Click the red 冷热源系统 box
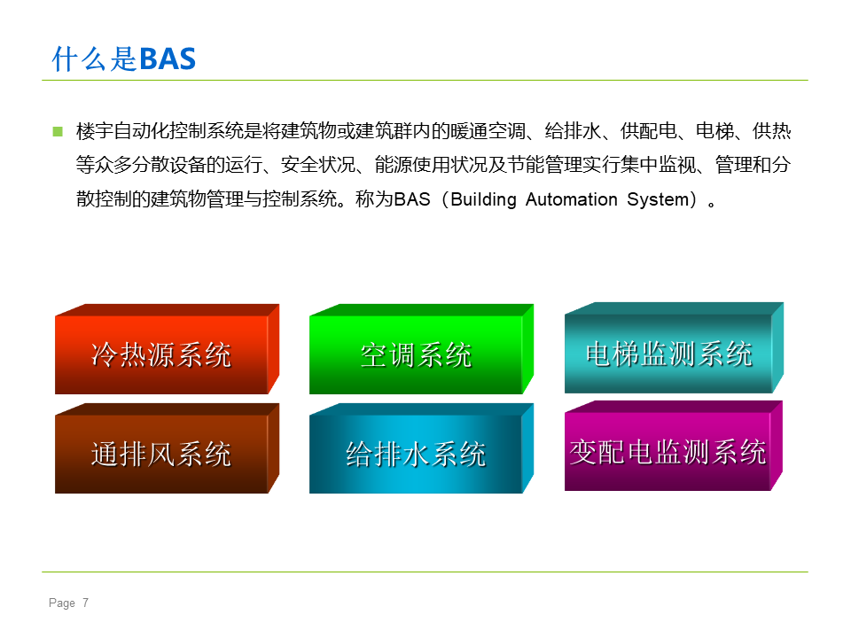168,349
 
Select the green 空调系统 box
421,349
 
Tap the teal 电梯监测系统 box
674,347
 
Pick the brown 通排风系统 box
168,448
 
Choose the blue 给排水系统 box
421,448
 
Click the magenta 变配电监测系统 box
674,446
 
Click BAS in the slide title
168,59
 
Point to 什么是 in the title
95,59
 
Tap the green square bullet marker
59,132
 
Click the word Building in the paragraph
483,199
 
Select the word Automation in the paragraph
572,199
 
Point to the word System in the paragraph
658,199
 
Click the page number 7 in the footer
85,603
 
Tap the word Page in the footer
62,603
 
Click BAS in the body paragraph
411,199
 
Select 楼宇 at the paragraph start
95,131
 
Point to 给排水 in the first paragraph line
574,131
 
